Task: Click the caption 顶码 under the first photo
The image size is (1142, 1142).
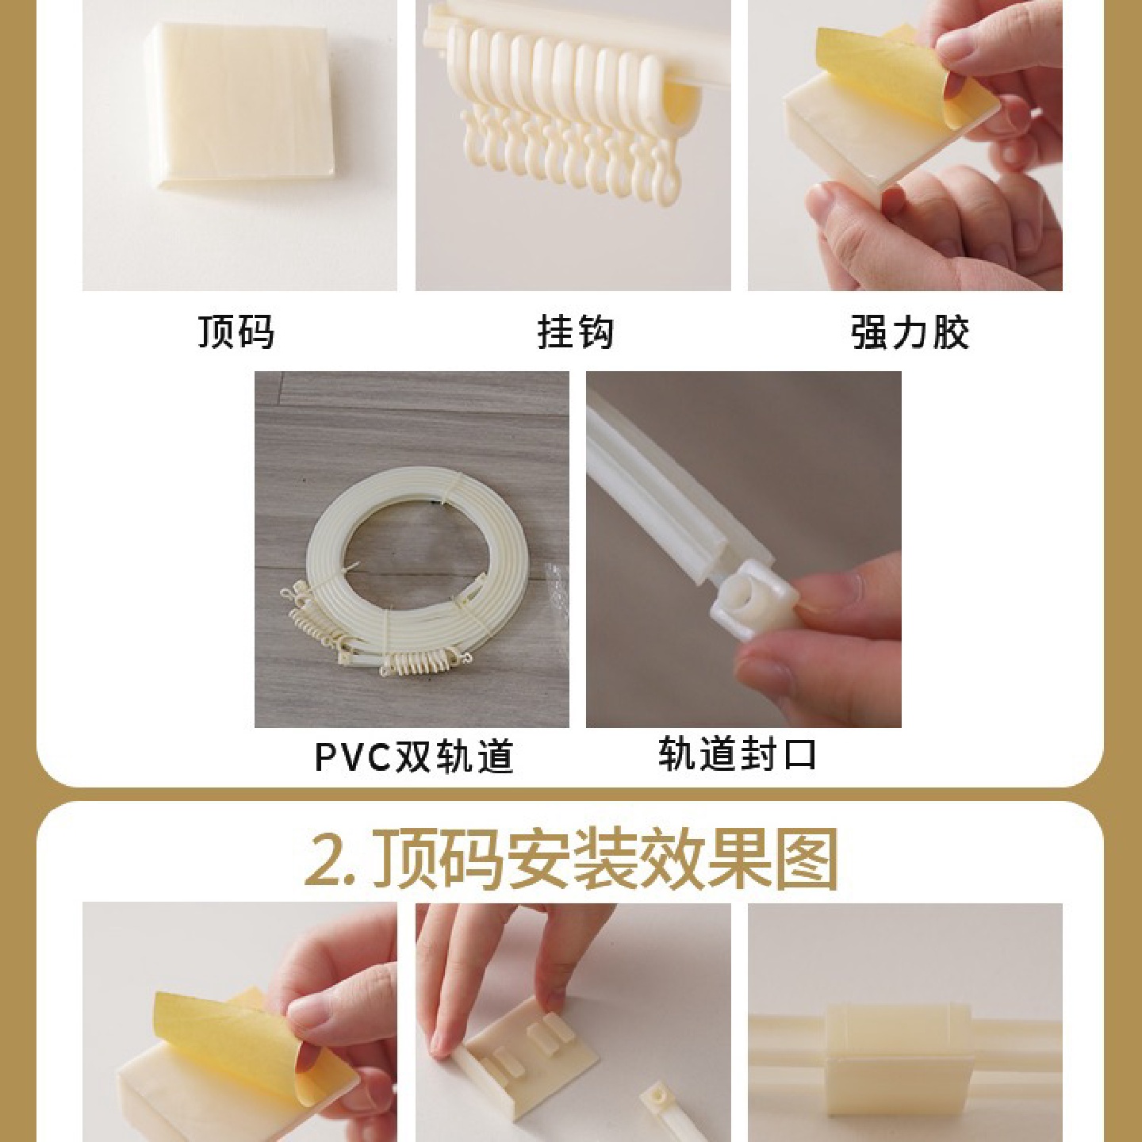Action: [x=236, y=331]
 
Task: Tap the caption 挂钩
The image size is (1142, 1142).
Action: [x=576, y=331]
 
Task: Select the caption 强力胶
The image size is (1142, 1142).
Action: [x=910, y=331]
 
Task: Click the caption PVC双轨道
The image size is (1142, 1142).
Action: [x=414, y=757]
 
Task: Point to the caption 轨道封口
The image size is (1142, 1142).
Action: [x=738, y=753]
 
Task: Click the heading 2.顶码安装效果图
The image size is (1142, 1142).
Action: [x=571, y=860]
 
